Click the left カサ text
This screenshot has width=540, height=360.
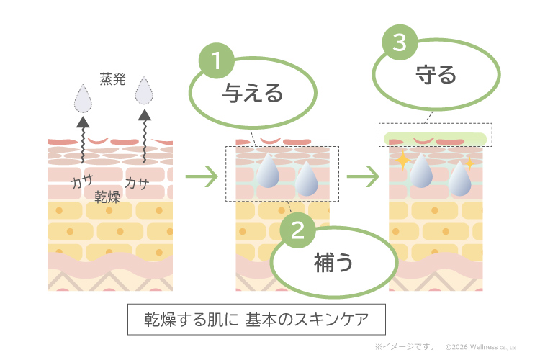(81, 184)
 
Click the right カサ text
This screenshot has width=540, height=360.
(136, 184)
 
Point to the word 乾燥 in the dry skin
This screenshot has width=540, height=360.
(107, 197)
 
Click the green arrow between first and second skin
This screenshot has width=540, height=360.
(201, 176)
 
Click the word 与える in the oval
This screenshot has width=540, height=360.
(252, 94)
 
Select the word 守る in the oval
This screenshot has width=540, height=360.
(436, 75)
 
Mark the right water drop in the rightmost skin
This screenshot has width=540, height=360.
(459, 180)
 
